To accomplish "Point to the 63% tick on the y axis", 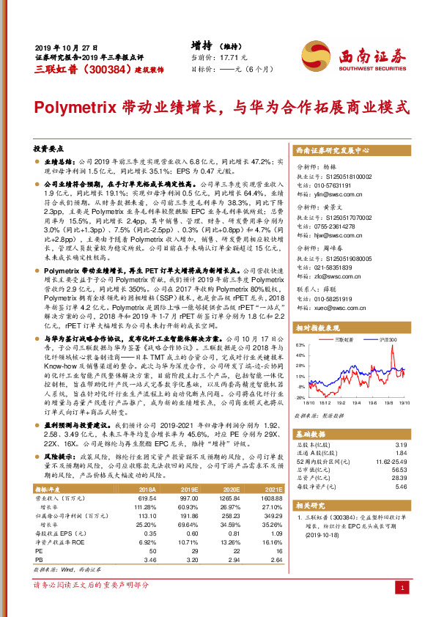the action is point(300,344).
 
